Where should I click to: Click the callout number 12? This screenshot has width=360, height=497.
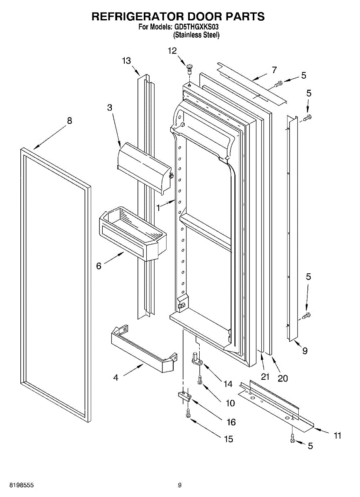tap(172, 51)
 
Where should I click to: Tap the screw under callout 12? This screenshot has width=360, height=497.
tap(190, 68)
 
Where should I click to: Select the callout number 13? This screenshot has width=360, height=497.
tap(126, 60)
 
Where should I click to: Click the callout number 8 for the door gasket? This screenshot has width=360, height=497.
tap(69, 121)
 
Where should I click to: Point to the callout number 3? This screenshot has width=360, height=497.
tap(109, 107)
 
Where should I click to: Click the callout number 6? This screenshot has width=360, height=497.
tap(99, 266)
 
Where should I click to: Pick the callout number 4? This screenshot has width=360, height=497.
tap(116, 377)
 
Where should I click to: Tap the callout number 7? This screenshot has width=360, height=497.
tap(274, 70)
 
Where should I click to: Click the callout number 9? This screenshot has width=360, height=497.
tap(305, 351)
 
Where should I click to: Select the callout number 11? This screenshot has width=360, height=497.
tap(337, 435)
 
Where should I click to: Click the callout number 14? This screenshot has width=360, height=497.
tap(228, 384)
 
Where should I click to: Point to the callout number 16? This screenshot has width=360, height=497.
tap(231, 422)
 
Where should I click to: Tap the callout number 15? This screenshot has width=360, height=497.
tap(228, 439)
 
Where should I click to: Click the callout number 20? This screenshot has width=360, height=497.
tap(283, 378)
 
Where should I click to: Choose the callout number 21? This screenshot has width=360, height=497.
tap(265, 376)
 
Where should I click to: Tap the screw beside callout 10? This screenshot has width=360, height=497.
tap(200, 379)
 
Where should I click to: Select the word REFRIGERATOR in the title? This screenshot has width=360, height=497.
tap(138, 17)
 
